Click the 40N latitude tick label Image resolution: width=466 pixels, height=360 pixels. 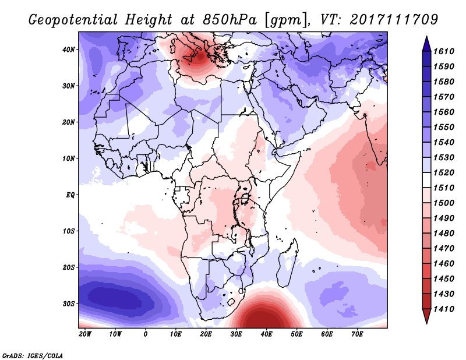(x=68, y=50)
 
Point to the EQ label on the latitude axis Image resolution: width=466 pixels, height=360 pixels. (x=70, y=195)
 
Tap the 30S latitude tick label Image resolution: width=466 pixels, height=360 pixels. (x=68, y=304)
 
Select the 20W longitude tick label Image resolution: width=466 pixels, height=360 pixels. (x=85, y=334)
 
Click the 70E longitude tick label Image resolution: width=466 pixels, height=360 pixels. (x=357, y=334)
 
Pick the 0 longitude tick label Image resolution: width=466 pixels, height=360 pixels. (x=145, y=334)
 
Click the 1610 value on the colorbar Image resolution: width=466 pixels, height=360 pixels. (x=444, y=51)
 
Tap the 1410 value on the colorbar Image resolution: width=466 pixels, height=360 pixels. (x=444, y=309)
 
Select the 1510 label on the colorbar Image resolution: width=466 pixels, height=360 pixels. (x=444, y=188)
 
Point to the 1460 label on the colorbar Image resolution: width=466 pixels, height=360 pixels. (x=444, y=264)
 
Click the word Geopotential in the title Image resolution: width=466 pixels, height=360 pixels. (x=73, y=20)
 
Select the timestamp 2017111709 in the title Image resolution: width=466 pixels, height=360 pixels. (x=394, y=20)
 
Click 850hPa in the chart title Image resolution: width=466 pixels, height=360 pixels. (x=230, y=20)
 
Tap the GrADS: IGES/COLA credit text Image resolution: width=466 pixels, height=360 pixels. (x=33, y=356)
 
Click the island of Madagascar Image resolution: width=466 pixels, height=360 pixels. (x=287, y=262)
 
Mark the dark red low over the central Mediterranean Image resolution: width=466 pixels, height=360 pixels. (x=197, y=56)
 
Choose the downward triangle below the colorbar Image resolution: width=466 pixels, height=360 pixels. (x=426, y=316)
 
